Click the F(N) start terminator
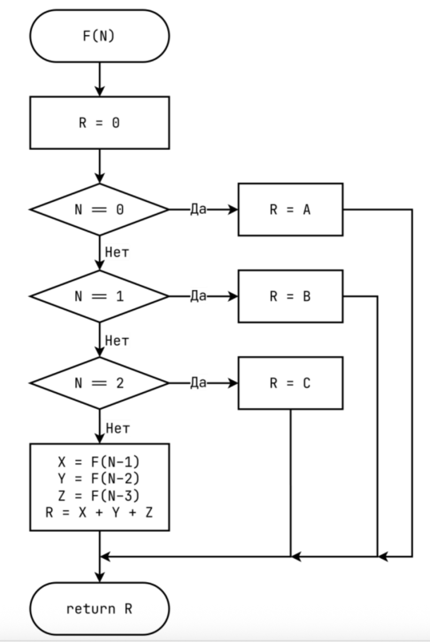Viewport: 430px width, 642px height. point(99,36)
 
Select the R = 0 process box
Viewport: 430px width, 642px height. point(99,123)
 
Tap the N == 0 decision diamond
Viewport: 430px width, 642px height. point(99,210)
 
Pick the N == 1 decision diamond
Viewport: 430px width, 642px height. point(99,296)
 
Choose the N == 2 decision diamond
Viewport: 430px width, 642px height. point(99,383)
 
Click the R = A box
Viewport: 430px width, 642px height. point(290,210)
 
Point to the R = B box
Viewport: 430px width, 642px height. point(290,296)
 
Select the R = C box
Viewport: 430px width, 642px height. point(290,383)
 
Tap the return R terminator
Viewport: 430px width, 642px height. point(99,608)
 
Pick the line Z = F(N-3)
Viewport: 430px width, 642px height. point(99,495)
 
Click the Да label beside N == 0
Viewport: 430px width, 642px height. point(198,210)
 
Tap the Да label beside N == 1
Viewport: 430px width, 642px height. point(198,296)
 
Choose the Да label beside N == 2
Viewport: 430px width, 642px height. point(198,383)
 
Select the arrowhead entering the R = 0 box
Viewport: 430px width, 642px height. point(99,91)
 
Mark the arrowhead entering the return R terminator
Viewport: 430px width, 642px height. point(99,578)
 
